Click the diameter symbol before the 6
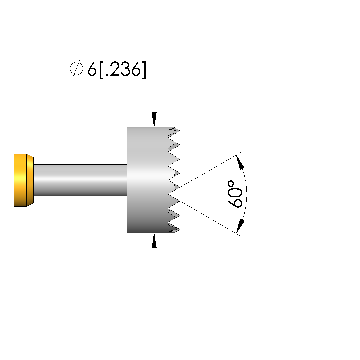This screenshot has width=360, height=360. coord(76,69)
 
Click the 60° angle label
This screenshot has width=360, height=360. coord(235,194)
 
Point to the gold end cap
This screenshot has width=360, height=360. coord(23,180)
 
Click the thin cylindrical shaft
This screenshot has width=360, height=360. coord(81,180)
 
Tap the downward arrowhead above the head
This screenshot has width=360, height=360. coord(154,119)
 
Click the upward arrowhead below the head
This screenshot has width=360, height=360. coord(154,241)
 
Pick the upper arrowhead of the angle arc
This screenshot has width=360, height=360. coord(240,162)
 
